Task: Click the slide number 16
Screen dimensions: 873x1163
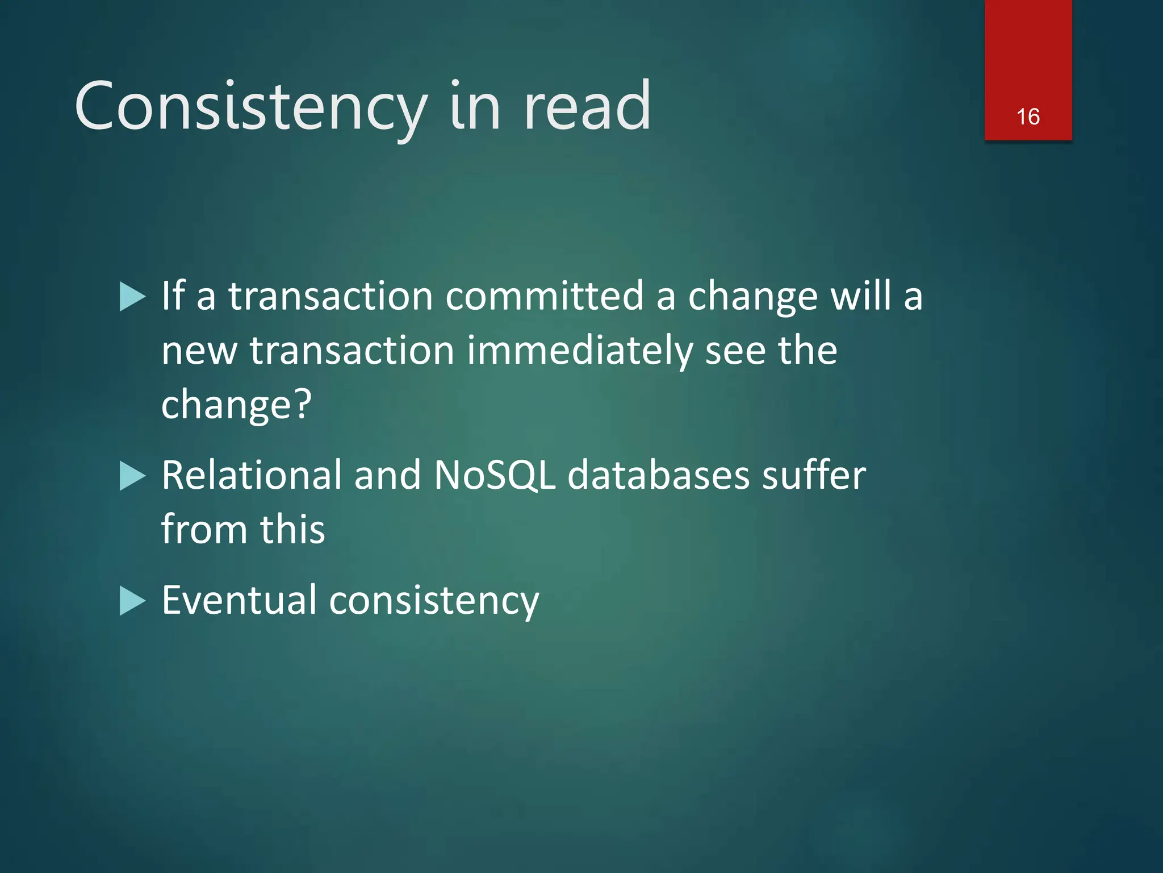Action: point(1028,117)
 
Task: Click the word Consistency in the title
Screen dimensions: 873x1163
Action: point(250,107)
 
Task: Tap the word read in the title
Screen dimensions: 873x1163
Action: point(587,107)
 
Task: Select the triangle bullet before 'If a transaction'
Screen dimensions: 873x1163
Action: point(133,297)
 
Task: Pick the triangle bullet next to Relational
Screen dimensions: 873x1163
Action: point(133,476)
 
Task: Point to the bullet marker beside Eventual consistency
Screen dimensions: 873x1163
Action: point(133,601)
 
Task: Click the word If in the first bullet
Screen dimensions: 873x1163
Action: point(173,296)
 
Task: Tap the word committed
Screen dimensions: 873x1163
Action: point(544,296)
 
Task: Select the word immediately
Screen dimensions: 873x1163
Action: point(579,350)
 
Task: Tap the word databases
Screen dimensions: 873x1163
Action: point(658,475)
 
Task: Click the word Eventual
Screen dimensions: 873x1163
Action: point(239,600)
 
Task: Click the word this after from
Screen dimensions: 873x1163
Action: point(292,529)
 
